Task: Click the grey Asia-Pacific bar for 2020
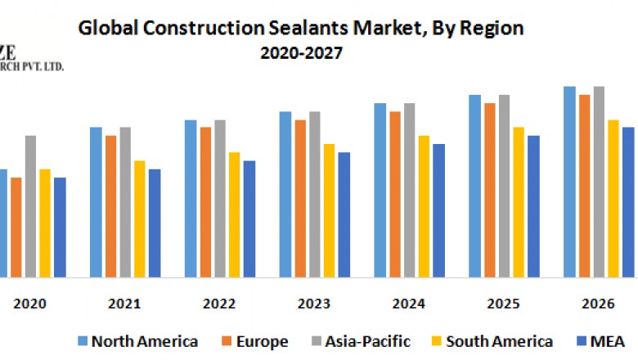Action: [x=30, y=205]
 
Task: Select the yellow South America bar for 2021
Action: [x=140, y=218]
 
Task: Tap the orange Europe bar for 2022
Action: [x=205, y=202]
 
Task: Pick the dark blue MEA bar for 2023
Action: [x=344, y=214]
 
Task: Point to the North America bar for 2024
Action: [x=380, y=190]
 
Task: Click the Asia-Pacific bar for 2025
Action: [x=504, y=186]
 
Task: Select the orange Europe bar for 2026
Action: [x=584, y=186]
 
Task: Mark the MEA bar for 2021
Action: [x=155, y=223]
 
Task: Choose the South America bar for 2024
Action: [x=424, y=206]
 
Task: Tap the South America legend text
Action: [x=501, y=341]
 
